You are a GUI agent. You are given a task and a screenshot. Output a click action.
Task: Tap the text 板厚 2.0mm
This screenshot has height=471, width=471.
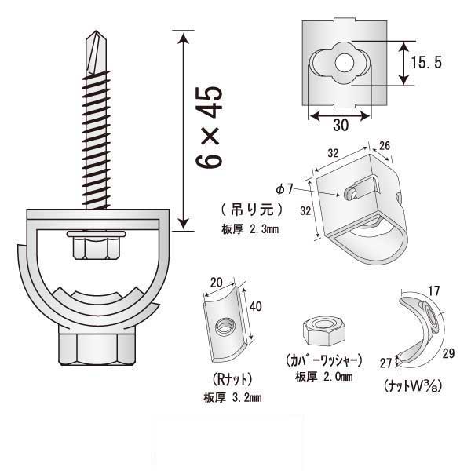pos(323,377)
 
